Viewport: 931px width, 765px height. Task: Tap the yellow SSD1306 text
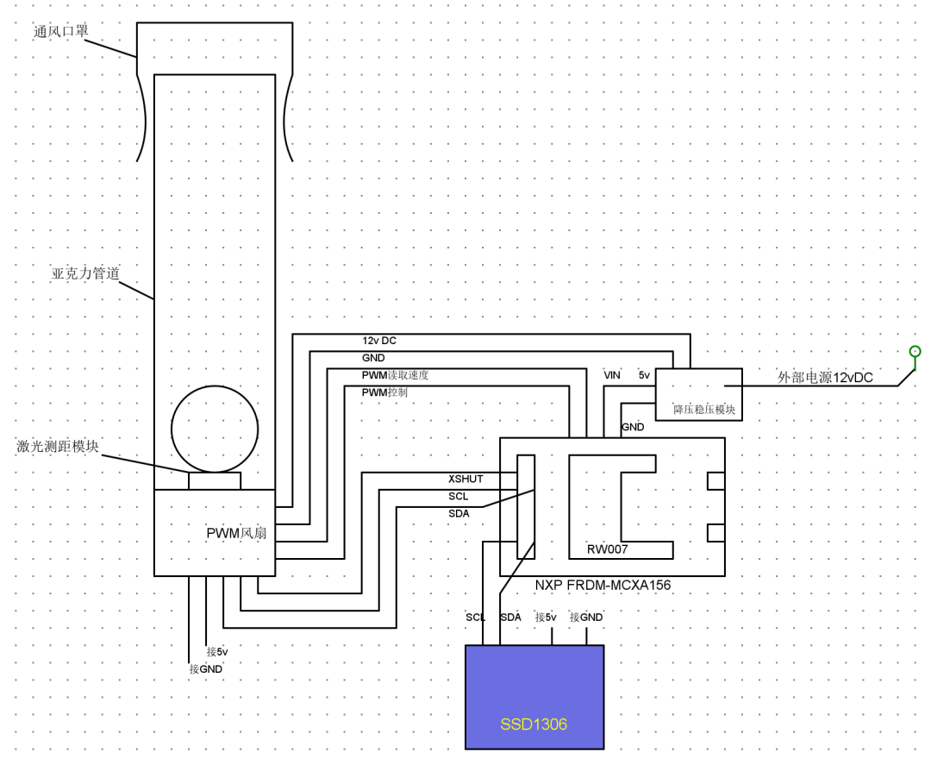tap(534, 724)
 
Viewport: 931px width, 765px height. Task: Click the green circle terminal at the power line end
tap(915, 351)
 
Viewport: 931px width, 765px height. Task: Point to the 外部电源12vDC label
tap(825, 378)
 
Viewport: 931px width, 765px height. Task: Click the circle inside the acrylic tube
tap(215, 429)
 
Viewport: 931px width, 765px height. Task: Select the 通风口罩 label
tap(60, 32)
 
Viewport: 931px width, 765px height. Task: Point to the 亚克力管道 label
tap(85, 274)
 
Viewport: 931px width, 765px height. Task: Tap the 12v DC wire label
tap(378, 341)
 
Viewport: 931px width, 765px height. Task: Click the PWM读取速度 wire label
tap(395, 375)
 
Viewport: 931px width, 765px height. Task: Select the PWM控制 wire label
tap(384, 392)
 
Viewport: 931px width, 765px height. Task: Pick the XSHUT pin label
tap(465, 479)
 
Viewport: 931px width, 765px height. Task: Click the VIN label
tap(612, 375)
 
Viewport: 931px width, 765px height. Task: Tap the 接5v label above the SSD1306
tap(546, 618)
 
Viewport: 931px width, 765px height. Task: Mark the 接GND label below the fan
tap(206, 668)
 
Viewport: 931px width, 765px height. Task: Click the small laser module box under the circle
tap(215, 480)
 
